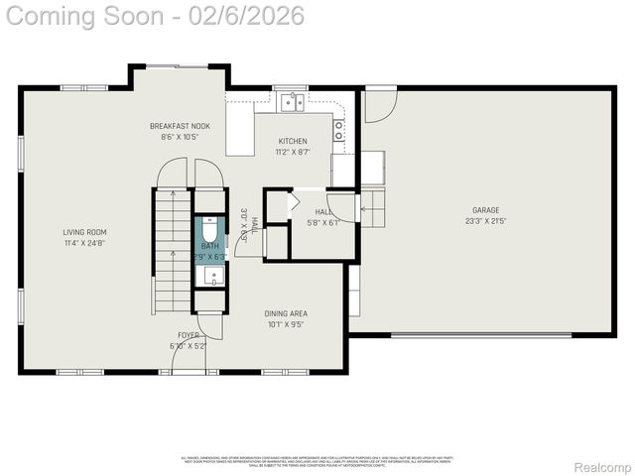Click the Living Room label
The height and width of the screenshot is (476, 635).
pyautogui.click(x=83, y=232)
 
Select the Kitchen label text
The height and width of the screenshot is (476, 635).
pyautogui.click(x=292, y=141)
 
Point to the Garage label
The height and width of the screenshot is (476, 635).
pyautogui.click(x=485, y=209)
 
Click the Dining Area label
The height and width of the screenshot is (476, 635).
pyautogui.click(x=285, y=313)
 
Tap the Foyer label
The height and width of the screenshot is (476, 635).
pyautogui.click(x=188, y=335)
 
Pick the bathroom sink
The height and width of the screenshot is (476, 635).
pyautogui.click(x=210, y=276)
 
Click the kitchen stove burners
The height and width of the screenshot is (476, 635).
pyautogui.click(x=339, y=127)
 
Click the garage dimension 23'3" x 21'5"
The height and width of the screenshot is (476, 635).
pyautogui.click(x=485, y=221)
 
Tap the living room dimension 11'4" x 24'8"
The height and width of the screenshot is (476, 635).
pyautogui.click(x=83, y=243)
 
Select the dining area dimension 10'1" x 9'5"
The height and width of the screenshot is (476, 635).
pyautogui.click(x=285, y=324)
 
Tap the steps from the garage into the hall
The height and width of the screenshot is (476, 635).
pyautogui.click(x=372, y=208)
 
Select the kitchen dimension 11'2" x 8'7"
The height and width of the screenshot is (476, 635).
pyautogui.click(x=292, y=152)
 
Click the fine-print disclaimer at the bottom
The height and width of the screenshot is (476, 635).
pyautogui.click(x=317, y=461)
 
